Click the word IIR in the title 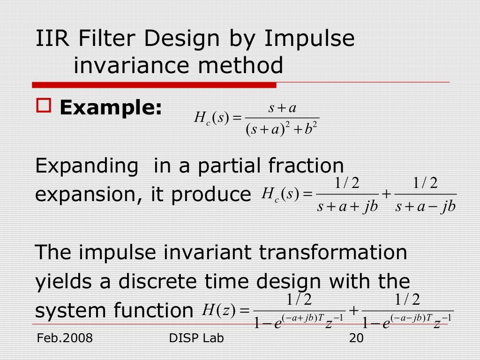pos(52,39)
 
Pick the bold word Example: pos(111,109)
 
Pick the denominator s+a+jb pos(347,206)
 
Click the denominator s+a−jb pos(426,206)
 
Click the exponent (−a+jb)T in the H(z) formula pos(303,317)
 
